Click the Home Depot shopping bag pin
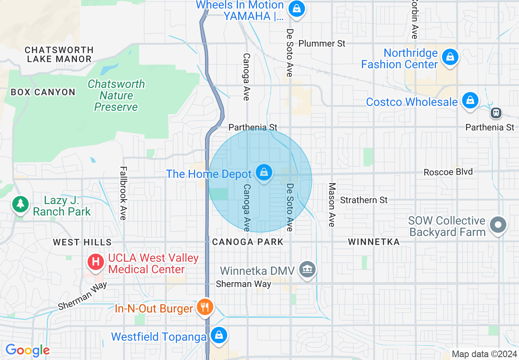click(264, 173)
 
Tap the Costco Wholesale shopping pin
click(470, 100)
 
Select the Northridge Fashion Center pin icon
click(450, 57)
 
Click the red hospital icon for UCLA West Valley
click(96, 261)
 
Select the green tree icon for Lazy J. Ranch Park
click(20, 204)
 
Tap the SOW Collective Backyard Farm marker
click(498, 225)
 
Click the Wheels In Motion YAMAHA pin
click(296, 9)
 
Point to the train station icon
click(496, 112)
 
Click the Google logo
click(27, 350)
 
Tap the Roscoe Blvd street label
click(448, 172)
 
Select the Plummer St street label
click(322, 43)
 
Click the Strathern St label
click(363, 200)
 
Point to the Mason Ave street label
click(332, 205)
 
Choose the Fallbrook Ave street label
click(122, 193)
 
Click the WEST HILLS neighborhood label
click(82, 243)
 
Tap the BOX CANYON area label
click(43, 92)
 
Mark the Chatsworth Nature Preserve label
click(116, 96)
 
